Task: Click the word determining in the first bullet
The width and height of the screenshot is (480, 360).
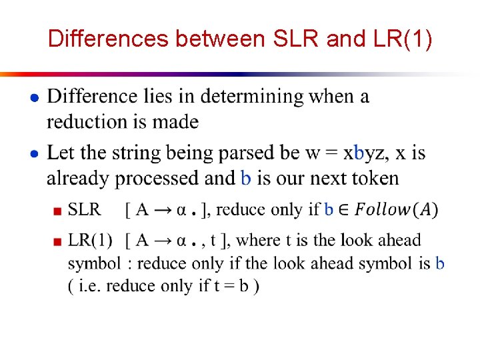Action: pyautogui.click(x=253, y=97)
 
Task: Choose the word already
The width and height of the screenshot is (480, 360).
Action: pyautogui.click(x=77, y=179)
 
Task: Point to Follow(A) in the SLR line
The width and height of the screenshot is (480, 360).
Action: pyautogui.click(x=396, y=210)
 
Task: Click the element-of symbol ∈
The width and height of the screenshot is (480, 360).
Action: pyautogui.click(x=344, y=210)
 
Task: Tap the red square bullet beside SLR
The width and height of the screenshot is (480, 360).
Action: pyautogui.click(x=58, y=211)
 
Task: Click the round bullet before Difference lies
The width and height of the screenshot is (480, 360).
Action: pyautogui.click(x=33, y=98)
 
